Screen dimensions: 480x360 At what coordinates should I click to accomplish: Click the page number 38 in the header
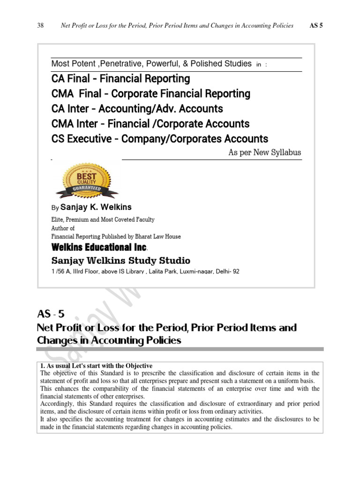click(x=40, y=25)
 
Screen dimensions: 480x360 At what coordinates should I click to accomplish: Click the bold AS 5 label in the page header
click(x=316, y=25)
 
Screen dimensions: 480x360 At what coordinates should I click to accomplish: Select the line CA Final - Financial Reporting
click(x=120, y=78)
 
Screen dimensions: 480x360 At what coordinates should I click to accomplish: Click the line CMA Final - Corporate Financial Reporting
click(x=150, y=94)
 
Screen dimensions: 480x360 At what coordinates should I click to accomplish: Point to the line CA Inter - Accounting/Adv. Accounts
click(x=137, y=109)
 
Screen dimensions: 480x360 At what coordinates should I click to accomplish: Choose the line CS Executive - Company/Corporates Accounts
click(x=159, y=139)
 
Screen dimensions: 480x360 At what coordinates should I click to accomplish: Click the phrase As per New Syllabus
click(x=264, y=152)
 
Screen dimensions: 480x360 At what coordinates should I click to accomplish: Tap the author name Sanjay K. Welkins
click(x=96, y=207)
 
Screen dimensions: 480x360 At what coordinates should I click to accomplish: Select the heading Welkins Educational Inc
click(x=99, y=247)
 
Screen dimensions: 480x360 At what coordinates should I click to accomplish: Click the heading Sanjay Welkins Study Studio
click(x=120, y=260)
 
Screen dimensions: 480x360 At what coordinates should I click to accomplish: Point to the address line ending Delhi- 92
click(x=145, y=271)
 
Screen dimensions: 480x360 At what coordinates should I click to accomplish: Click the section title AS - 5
click(x=50, y=314)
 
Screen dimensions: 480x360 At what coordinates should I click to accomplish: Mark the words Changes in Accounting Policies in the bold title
click(x=109, y=341)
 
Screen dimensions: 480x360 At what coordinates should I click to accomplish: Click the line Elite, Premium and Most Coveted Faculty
click(x=103, y=219)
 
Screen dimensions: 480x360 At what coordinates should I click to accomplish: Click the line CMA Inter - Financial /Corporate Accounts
click(x=150, y=124)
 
